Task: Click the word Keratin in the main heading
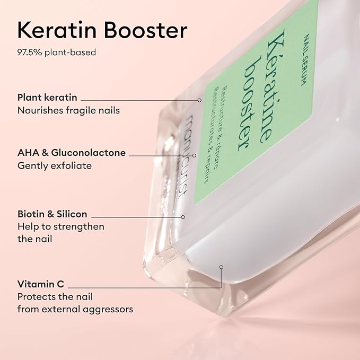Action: (x=56, y=31)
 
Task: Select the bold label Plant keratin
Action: (x=47, y=98)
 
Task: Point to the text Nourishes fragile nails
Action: (x=68, y=110)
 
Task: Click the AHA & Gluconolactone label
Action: (x=71, y=153)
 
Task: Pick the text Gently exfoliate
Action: (x=54, y=165)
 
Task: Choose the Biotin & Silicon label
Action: (x=52, y=214)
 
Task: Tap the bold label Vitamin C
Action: (x=41, y=284)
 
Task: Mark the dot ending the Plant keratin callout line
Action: (x=200, y=100)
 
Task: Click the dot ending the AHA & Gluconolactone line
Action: (x=195, y=155)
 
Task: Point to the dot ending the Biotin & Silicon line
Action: (x=183, y=216)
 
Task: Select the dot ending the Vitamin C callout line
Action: (x=222, y=267)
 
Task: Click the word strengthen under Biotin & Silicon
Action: (x=83, y=227)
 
